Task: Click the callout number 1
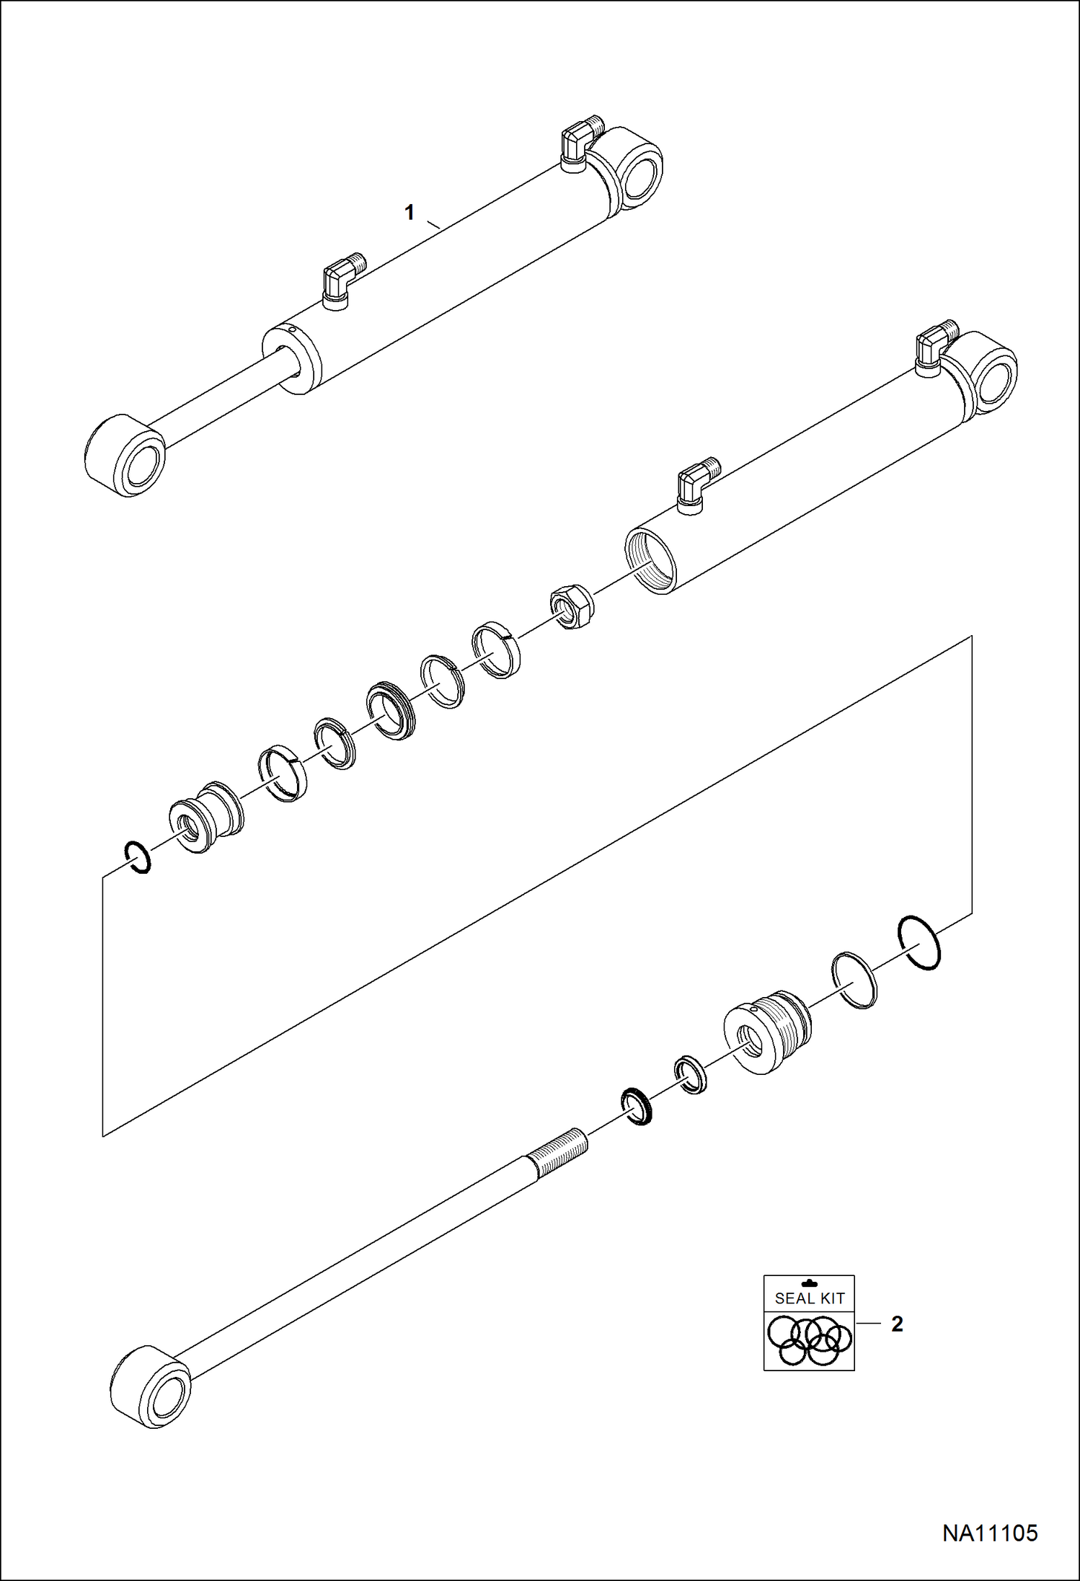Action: coord(410,213)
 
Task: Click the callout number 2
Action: coord(897,1324)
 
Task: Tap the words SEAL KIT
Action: coord(809,1298)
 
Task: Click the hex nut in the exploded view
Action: coord(572,604)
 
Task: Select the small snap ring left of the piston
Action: coord(137,857)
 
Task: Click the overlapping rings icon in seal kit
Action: coord(809,1340)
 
